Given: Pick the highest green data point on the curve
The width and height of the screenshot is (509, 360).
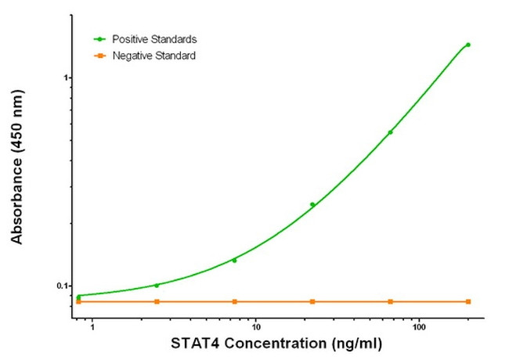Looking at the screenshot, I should click(468, 45).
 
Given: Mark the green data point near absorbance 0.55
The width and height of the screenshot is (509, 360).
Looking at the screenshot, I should click(390, 132).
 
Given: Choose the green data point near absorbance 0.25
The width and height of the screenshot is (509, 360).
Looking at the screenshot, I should click(312, 204).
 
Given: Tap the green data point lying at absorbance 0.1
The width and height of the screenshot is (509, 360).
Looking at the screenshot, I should click(157, 285).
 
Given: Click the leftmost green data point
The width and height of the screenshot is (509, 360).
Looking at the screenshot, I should click(78, 297).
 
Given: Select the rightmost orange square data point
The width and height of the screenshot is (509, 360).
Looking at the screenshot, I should click(468, 301).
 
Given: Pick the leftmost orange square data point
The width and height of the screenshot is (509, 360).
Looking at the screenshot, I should click(78, 301).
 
